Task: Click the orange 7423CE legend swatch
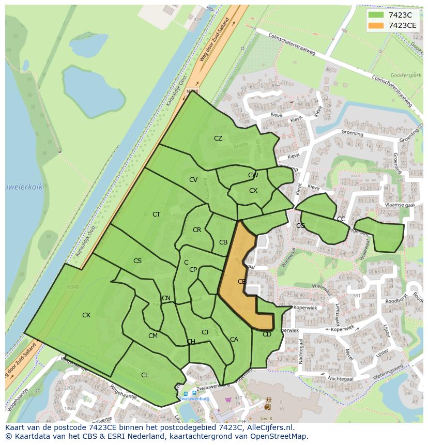[376, 25]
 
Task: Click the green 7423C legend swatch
[376, 15]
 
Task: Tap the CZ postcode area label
[218, 138]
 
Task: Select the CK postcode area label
[86, 315]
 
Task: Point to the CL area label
[145, 375]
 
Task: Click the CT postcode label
[156, 214]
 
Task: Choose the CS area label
[137, 261]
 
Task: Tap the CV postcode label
[193, 180]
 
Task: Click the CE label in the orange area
[241, 282]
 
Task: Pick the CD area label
[267, 334]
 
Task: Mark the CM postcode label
[153, 336]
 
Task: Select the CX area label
[253, 191]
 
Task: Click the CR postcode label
[197, 230]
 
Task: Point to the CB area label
[223, 242]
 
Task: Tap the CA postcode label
[234, 340]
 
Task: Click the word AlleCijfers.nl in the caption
[269, 427]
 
